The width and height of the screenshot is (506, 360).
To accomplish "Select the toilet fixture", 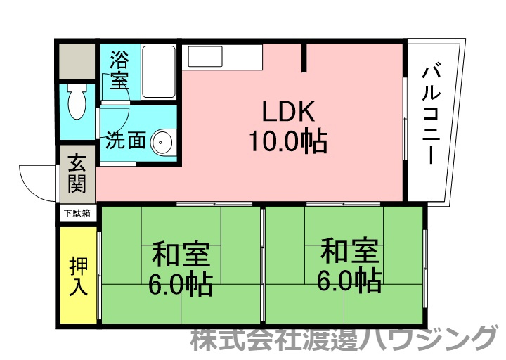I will (x=77, y=104).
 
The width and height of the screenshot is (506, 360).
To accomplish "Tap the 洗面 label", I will (x=126, y=141).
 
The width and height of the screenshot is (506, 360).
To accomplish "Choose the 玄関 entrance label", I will (x=77, y=173).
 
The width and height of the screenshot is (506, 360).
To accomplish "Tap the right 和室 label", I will (x=349, y=250).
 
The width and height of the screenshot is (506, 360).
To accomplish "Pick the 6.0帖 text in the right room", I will (x=349, y=281).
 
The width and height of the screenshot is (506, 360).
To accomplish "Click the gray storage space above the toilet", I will (x=77, y=62).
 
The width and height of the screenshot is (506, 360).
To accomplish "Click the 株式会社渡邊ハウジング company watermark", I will (x=344, y=340).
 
